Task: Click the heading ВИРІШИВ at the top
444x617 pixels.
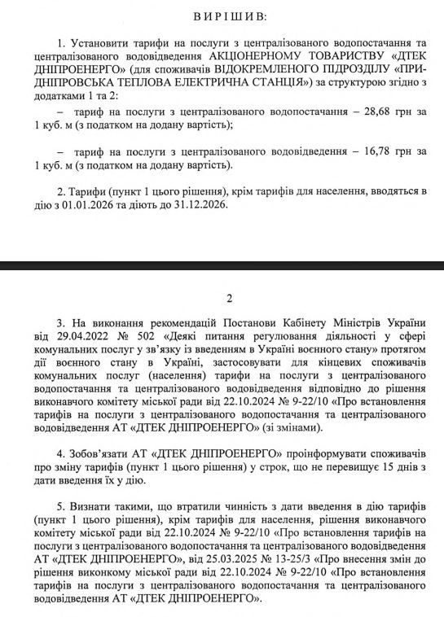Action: pos(222,17)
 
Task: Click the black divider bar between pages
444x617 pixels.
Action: pos(222,265)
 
